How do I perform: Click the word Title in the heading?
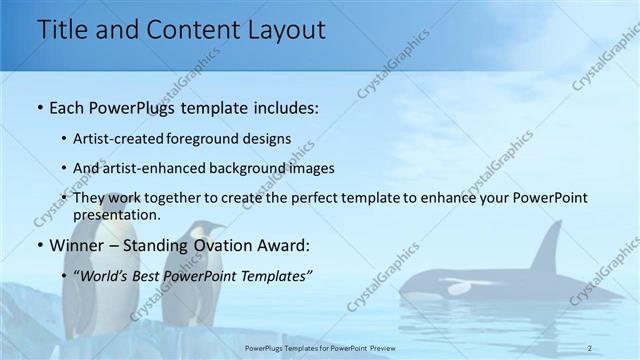click(59, 30)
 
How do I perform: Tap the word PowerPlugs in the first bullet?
click(124, 105)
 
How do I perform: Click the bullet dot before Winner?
click(39, 245)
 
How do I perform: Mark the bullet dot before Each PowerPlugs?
click(39, 106)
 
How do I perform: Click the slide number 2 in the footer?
click(591, 347)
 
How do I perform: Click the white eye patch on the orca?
click(459, 287)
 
